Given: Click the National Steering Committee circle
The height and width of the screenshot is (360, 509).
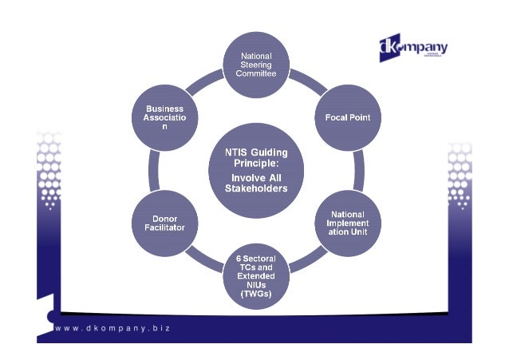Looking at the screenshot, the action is [x=255, y=64].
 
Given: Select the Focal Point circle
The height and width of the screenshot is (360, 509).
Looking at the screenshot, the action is [x=347, y=118].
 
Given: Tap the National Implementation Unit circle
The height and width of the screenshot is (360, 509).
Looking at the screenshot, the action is [x=347, y=221].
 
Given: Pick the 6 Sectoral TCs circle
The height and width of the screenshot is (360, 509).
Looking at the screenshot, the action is [x=255, y=276].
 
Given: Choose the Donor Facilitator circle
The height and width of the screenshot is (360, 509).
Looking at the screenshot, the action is [x=163, y=222].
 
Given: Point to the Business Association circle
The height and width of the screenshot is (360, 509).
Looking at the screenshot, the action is [x=164, y=118].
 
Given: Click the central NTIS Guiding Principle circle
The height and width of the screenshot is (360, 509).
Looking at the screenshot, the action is [x=255, y=169].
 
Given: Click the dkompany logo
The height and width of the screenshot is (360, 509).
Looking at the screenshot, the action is [x=412, y=48].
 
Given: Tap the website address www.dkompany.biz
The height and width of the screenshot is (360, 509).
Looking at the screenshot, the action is [x=112, y=327].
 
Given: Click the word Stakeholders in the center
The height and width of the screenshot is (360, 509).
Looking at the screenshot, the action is [x=255, y=188].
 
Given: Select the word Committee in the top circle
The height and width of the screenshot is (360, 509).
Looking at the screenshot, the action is [x=255, y=73].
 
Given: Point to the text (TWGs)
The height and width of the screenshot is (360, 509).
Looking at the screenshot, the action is [x=255, y=294].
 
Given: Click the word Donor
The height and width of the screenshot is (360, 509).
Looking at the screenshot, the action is [x=164, y=217].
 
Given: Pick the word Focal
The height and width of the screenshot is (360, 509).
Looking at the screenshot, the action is [x=334, y=118].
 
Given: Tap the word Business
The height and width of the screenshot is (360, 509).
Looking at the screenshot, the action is [x=164, y=109].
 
